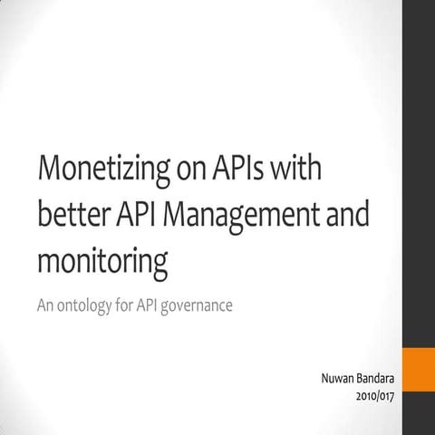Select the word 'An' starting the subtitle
click(x=45, y=305)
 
